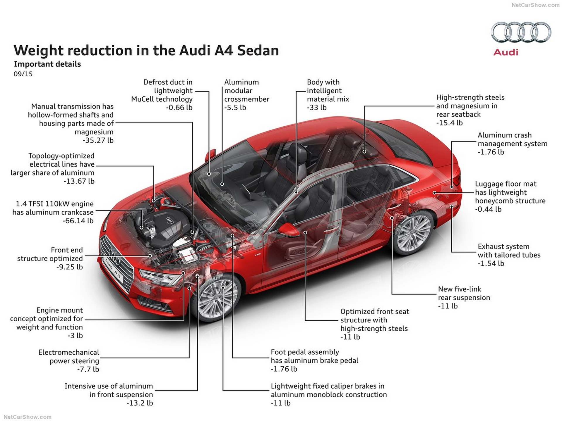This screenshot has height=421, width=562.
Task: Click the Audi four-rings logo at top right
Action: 521,32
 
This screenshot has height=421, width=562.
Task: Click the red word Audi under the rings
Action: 506,52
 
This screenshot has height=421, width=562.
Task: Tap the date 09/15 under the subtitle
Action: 23,74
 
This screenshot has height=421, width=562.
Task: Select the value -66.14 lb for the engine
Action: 78,221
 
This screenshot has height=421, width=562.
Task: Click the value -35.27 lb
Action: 98,140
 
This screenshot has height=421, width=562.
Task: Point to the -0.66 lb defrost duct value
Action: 179,108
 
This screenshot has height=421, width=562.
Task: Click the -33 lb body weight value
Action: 316,108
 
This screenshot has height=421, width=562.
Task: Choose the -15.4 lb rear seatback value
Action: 449,123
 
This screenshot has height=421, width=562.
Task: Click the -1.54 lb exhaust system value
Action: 491,263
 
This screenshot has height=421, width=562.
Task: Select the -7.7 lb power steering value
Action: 88,370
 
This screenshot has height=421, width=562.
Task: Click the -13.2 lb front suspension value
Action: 140,403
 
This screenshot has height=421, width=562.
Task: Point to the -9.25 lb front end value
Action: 70,267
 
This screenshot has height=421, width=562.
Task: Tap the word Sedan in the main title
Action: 258,50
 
